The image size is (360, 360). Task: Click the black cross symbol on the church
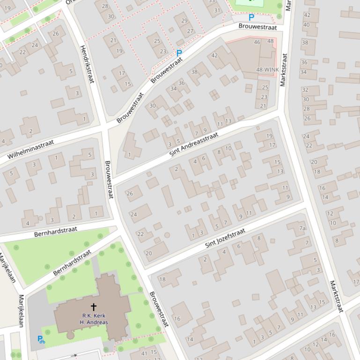pyautogui.click(x=93, y=307)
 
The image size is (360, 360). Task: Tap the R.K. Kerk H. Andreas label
pyautogui.click(x=93, y=319)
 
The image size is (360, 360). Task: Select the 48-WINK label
pyautogui.click(x=267, y=70)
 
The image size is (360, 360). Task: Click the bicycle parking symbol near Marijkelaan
pyautogui.click(x=41, y=339)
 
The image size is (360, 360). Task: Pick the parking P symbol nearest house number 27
pyautogui.click(x=178, y=54)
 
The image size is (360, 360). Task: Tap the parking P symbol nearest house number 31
pyautogui.click(x=251, y=18)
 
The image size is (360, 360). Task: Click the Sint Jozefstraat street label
pyautogui.click(x=225, y=238)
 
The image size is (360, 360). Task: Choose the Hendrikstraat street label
pyautogui.click(x=87, y=65)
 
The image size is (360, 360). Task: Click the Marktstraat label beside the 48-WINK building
pyautogui.click(x=283, y=70)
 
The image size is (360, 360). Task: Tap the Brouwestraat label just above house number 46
pyautogui.click(x=257, y=27)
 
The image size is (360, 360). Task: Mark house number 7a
pyautogui.click(x=303, y=228)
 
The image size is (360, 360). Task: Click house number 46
pyautogui.click(x=257, y=42)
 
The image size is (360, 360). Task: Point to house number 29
pyautogui.click(x=184, y=21)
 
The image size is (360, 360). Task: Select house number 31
pyautogui.click(x=217, y=10)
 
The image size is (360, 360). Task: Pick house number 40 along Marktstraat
pyautogui.click(x=307, y=25)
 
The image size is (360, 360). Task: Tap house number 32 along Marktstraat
pyautogui.click(x=305, y=90)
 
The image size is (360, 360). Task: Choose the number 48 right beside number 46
pyautogui.click(x=270, y=41)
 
